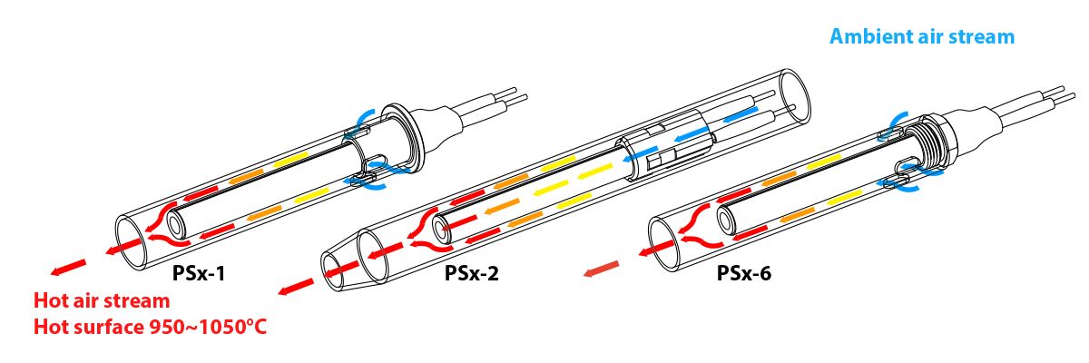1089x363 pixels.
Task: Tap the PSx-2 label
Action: point(471,271)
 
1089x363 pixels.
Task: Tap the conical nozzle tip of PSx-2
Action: point(345,263)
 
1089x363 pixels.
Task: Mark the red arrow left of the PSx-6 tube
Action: point(602,269)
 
